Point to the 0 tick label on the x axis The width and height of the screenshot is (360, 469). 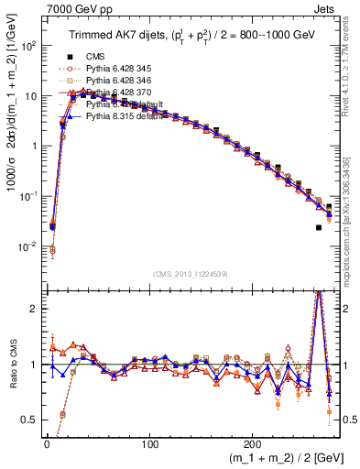[x=47, y=442]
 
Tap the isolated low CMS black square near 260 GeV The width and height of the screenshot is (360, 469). [x=318, y=228]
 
